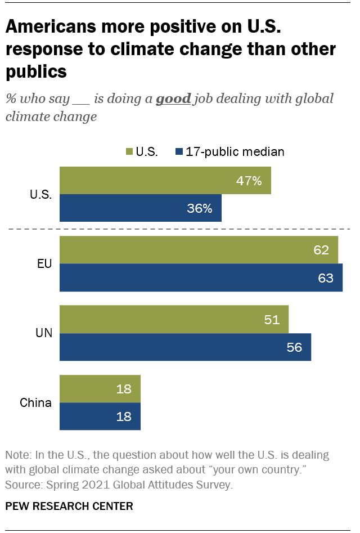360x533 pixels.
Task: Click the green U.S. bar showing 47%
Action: pos(163,181)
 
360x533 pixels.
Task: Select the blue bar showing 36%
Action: pos(141,208)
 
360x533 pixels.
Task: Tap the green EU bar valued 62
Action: pos(197,250)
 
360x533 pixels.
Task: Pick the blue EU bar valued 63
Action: pos(200,277)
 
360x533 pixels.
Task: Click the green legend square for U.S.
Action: pos(128,151)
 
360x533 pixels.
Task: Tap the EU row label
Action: pos(44,263)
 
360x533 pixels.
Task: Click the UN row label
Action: pos(44,333)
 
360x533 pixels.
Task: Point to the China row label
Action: pos(36,402)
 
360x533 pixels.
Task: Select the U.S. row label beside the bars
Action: pos(40,195)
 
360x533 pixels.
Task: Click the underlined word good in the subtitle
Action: pos(173,99)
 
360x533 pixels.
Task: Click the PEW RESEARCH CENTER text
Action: pos(69,506)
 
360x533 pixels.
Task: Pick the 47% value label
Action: pos(249,181)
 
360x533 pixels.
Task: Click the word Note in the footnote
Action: pos(16,455)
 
